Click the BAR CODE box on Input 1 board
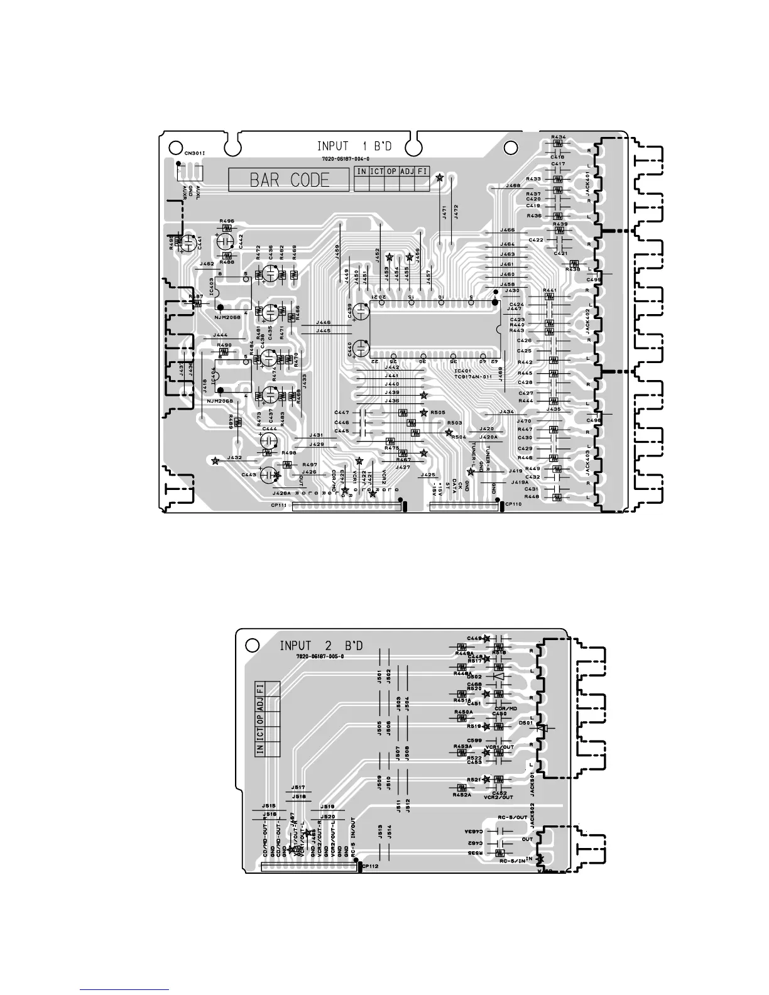coord(289,180)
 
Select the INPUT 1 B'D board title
coord(354,146)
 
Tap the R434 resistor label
coord(559,137)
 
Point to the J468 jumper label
coord(513,186)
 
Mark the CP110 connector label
coord(513,504)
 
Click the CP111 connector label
coord(278,505)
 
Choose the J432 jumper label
coord(234,458)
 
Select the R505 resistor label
coord(438,413)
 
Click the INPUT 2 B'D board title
coord(321,645)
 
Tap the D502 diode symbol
coord(499,677)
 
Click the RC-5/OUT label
coord(513,818)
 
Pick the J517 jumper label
coord(298,787)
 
